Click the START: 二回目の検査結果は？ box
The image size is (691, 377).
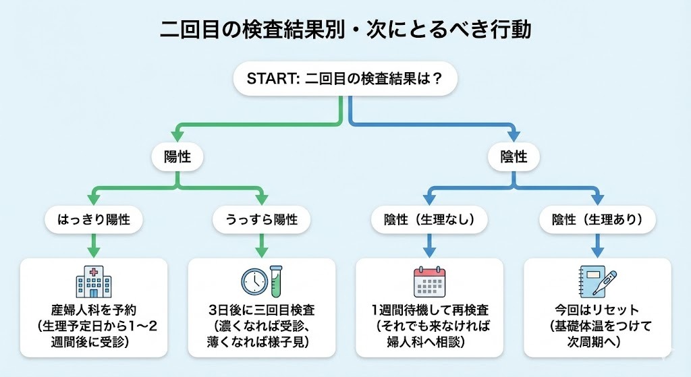pyautogui.click(x=345, y=80)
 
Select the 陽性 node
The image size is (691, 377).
pyautogui.click(x=177, y=156)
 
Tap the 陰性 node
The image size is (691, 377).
pyautogui.click(x=514, y=156)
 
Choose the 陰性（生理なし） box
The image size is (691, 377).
pyautogui.click(x=429, y=219)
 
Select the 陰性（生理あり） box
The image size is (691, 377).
pyautogui.click(x=597, y=219)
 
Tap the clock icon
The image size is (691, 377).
pyautogui.click(x=253, y=281)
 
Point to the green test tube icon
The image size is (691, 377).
pyautogui.click(x=275, y=281)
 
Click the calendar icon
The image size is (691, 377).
pyautogui.click(x=429, y=281)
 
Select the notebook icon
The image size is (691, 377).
pyautogui.click(x=590, y=281)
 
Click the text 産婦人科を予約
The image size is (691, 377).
pyautogui.click(x=94, y=311)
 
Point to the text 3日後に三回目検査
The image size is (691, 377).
pyautogui.click(x=261, y=311)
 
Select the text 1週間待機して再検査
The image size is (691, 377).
pyautogui.click(x=430, y=311)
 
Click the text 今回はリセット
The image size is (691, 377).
pyautogui.click(x=597, y=311)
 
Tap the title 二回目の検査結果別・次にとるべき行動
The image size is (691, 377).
pyautogui.click(x=345, y=30)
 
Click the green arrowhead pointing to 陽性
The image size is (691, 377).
pyautogui.click(x=177, y=134)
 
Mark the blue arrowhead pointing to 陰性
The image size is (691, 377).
pyautogui.click(x=514, y=134)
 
